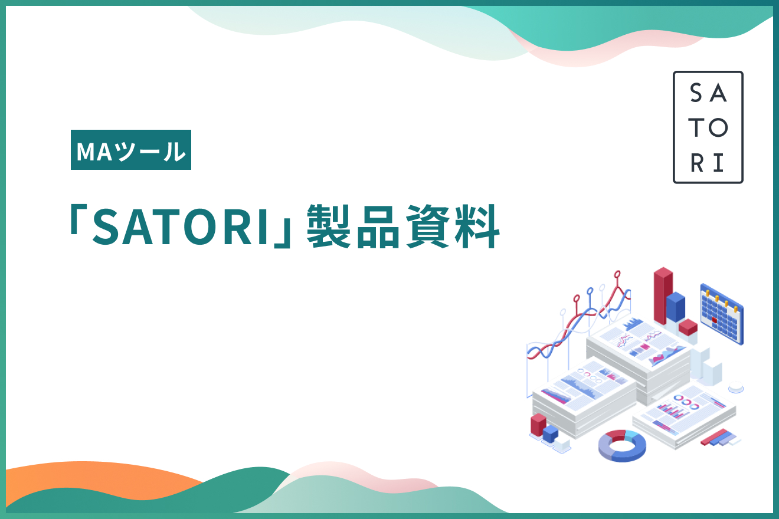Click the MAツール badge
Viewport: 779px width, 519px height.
[131, 150]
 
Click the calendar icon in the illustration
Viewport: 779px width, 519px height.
[721, 313]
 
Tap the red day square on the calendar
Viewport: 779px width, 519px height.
[715, 321]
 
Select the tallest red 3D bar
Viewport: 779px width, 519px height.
[663, 295]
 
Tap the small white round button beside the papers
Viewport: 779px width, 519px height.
[735, 388]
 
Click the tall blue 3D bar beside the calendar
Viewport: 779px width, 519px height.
[676, 307]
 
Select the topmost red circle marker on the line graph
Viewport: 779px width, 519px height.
[617, 274]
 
